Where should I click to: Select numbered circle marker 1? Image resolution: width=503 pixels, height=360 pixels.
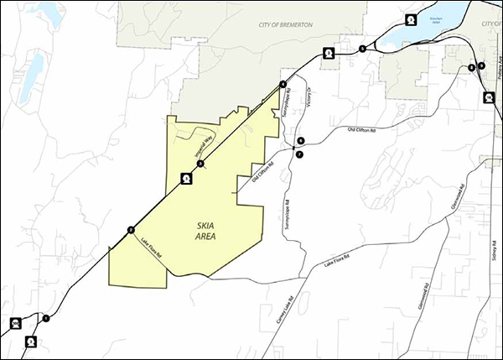point(46,318)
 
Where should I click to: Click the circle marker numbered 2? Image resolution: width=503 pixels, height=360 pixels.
point(131,229)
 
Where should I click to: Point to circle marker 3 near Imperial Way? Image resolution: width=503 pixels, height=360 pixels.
point(200,164)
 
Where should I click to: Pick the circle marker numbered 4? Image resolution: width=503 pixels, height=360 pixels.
point(283,84)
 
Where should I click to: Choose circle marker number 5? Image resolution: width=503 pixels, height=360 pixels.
point(361,50)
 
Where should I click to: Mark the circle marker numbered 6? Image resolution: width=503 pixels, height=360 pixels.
point(300,140)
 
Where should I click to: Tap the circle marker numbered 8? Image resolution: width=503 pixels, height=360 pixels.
point(472,67)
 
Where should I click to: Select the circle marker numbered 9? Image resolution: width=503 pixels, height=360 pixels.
point(481,65)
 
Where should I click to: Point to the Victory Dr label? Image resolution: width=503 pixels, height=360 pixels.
point(309,99)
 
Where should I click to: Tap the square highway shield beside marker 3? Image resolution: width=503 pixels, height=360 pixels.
point(187,178)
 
